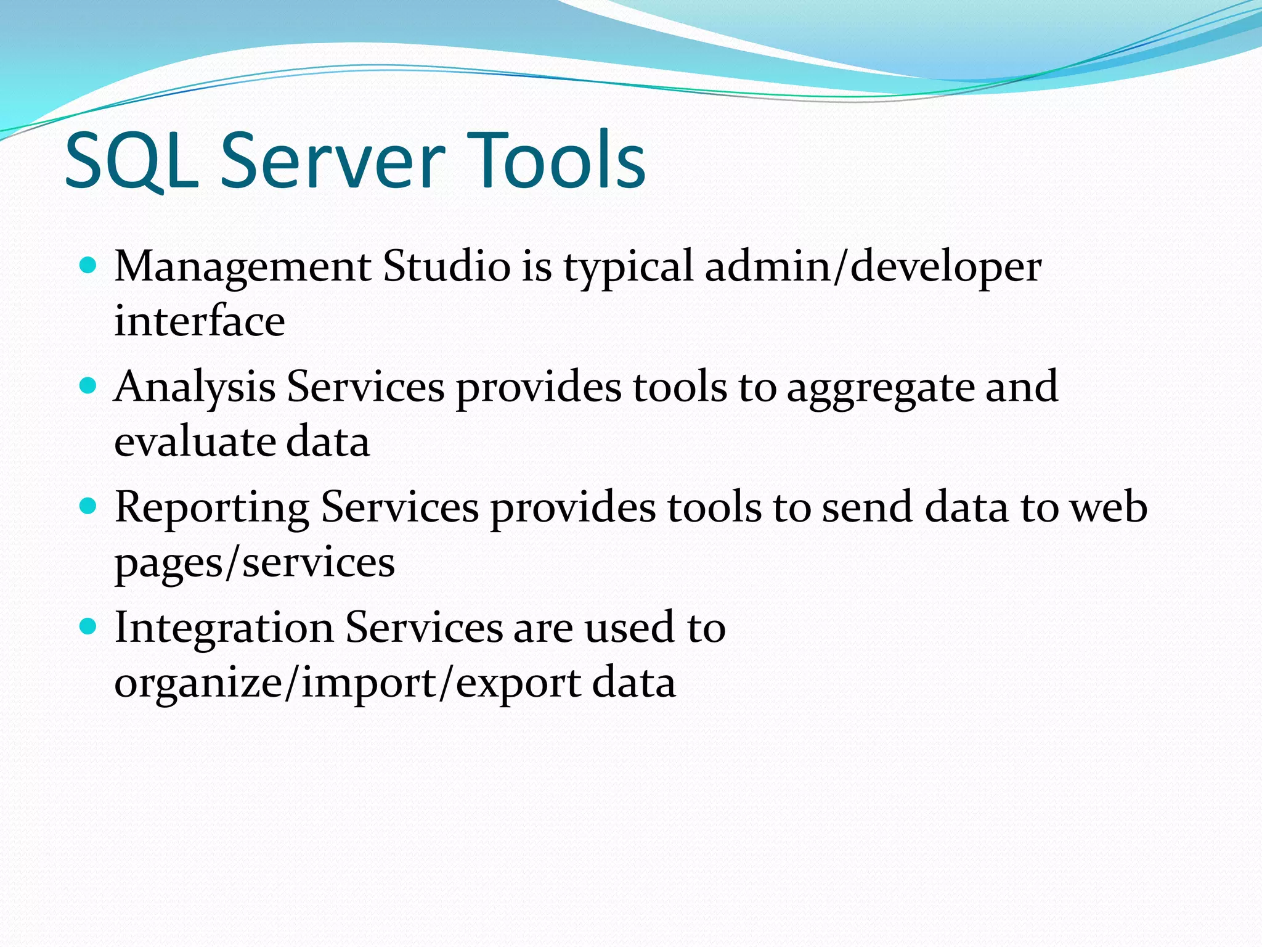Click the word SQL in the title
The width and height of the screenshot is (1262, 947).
click(132, 162)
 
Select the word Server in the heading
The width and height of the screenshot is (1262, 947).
click(332, 162)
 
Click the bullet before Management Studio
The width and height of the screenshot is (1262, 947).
click(89, 266)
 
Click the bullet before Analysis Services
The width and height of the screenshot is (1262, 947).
click(89, 386)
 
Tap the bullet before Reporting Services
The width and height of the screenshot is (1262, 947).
click(89, 506)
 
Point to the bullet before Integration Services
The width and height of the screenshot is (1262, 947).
click(89, 627)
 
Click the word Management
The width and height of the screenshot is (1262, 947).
click(243, 268)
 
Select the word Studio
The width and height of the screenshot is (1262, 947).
click(446, 266)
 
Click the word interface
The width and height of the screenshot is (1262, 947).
click(200, 321)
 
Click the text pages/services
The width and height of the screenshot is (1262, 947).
click(254, 564)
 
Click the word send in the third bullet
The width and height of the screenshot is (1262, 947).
click(866, 507)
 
